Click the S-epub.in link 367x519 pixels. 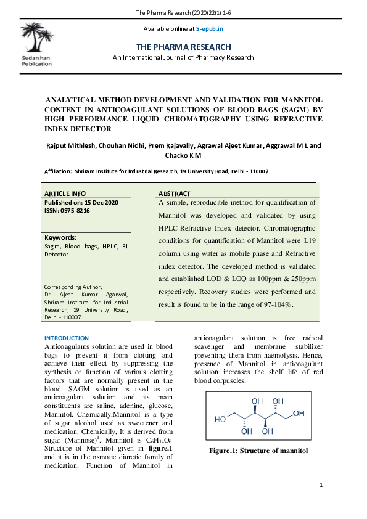(x=210, y=29)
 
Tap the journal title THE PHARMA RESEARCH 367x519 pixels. (x=183, y=47)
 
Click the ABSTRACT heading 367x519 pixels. (x=175, y=194)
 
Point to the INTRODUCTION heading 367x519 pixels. (x=67, y=338)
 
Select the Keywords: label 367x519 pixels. (x=60, y=237)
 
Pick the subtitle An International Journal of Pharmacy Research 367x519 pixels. (x=183, y=57)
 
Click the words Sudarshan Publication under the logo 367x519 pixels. (x=36, y=60)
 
